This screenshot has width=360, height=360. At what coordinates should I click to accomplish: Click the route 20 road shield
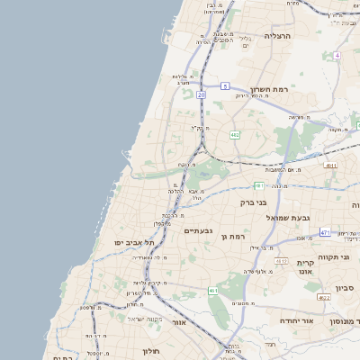[x=202, y=94]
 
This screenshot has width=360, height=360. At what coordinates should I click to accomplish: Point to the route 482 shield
[x=235, y=134]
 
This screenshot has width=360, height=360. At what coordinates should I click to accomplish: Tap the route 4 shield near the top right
[x=337, y=56]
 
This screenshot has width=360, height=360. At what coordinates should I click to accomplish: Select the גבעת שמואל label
[x=287, y=218]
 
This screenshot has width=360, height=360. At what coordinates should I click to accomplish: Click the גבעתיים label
[x=197, y=231]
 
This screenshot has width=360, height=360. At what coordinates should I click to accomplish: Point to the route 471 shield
[x=325, y=232]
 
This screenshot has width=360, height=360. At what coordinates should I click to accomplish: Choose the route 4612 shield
[x=282, y=261]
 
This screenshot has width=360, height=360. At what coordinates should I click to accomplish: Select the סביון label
[x=346, y=288]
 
